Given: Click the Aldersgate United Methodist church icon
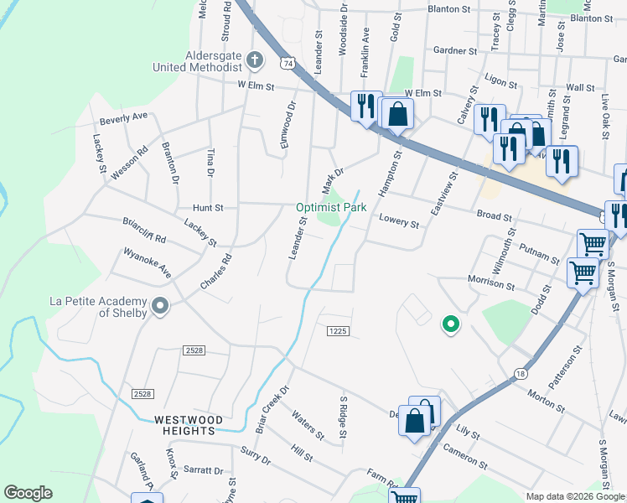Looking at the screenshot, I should (x=256, y=60).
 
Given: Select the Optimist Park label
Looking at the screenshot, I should (x=330, y=207).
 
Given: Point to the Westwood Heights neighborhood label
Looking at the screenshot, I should (x=189, y=425).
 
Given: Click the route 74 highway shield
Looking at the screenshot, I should (x=288, y=63).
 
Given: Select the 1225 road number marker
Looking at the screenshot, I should (x=337, y=332).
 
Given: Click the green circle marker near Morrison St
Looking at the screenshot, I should (x=450, y=324).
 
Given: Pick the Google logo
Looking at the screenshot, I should (x=28, y=493).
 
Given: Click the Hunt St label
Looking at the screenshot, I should (x=208, y=207).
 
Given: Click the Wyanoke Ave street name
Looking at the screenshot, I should (x=147, y=262).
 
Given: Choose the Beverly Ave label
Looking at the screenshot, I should (x=123, y=118).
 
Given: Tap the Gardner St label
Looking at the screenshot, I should (x=456, y=50).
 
